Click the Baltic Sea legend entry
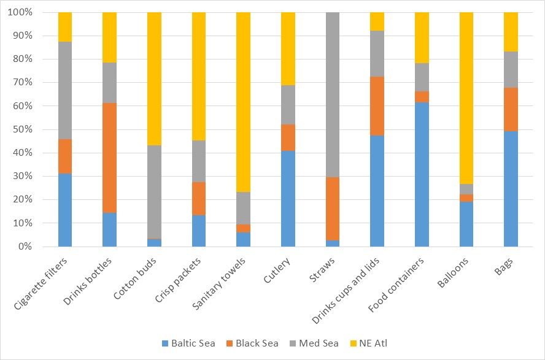[188, 343]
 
